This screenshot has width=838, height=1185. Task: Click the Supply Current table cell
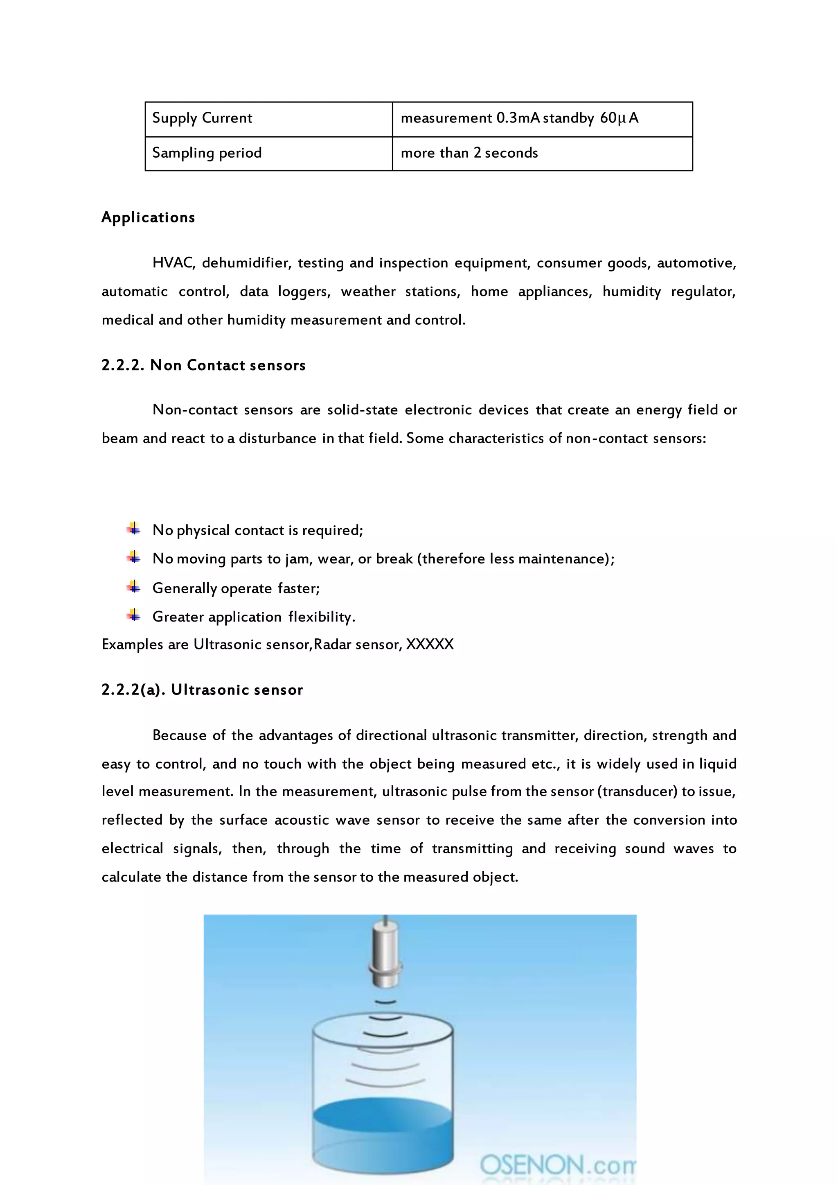(x=268, y=119)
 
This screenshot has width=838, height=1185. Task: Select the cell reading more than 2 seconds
(x=542, y=154)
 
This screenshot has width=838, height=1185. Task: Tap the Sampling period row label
(x=207, y=154)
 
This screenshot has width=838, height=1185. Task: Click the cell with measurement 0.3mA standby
(x=542, y=119)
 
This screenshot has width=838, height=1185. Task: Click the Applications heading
(x=148, y=217)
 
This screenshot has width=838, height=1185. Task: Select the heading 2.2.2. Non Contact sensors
(x=203, y=366)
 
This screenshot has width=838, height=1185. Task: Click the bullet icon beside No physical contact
(x=134, y=529)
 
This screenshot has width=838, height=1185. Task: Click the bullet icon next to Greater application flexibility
(x=134, y=615)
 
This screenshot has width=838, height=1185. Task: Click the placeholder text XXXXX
(x=430, y=645)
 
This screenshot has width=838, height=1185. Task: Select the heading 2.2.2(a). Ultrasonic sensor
(x=202, y=690)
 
